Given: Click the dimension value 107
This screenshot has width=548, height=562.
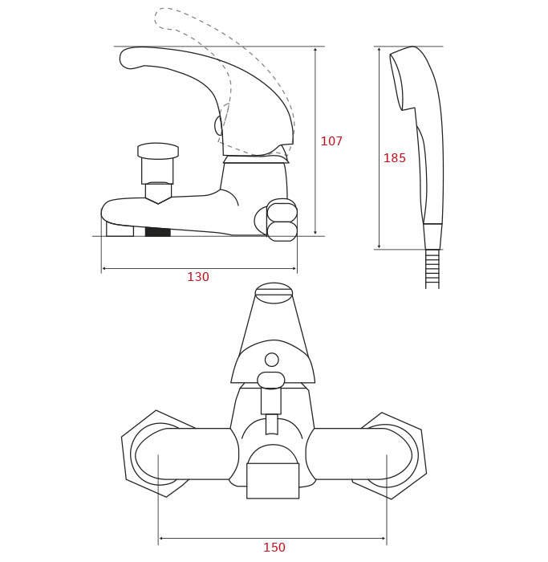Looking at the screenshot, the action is [x=331, y=140].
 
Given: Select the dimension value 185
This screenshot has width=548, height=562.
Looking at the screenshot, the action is [x=394, y=157].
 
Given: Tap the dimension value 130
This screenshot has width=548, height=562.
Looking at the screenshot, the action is [x=198, y=277].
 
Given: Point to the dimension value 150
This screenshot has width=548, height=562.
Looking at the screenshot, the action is [x=274, y=548].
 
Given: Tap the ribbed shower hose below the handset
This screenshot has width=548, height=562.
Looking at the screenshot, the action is [x=432, y=269].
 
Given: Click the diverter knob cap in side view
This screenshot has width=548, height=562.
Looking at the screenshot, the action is [x=158, y=151].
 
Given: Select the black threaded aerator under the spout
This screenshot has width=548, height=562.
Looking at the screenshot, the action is [x=157, y=232].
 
